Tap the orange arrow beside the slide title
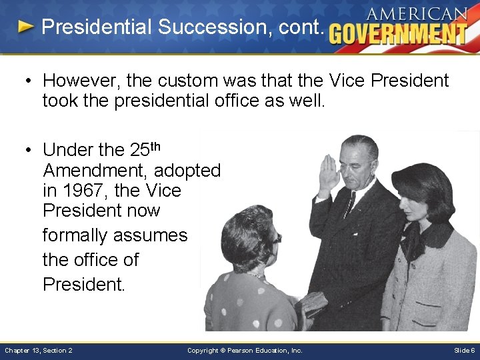(25, 27)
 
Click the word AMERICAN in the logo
(416, 13)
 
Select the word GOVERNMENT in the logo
(398, 33)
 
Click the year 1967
(84, 191)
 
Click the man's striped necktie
(348, 204)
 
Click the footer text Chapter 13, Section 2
(39, 350)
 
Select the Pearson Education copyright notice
(245, 350)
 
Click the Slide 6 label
(464, 350)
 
